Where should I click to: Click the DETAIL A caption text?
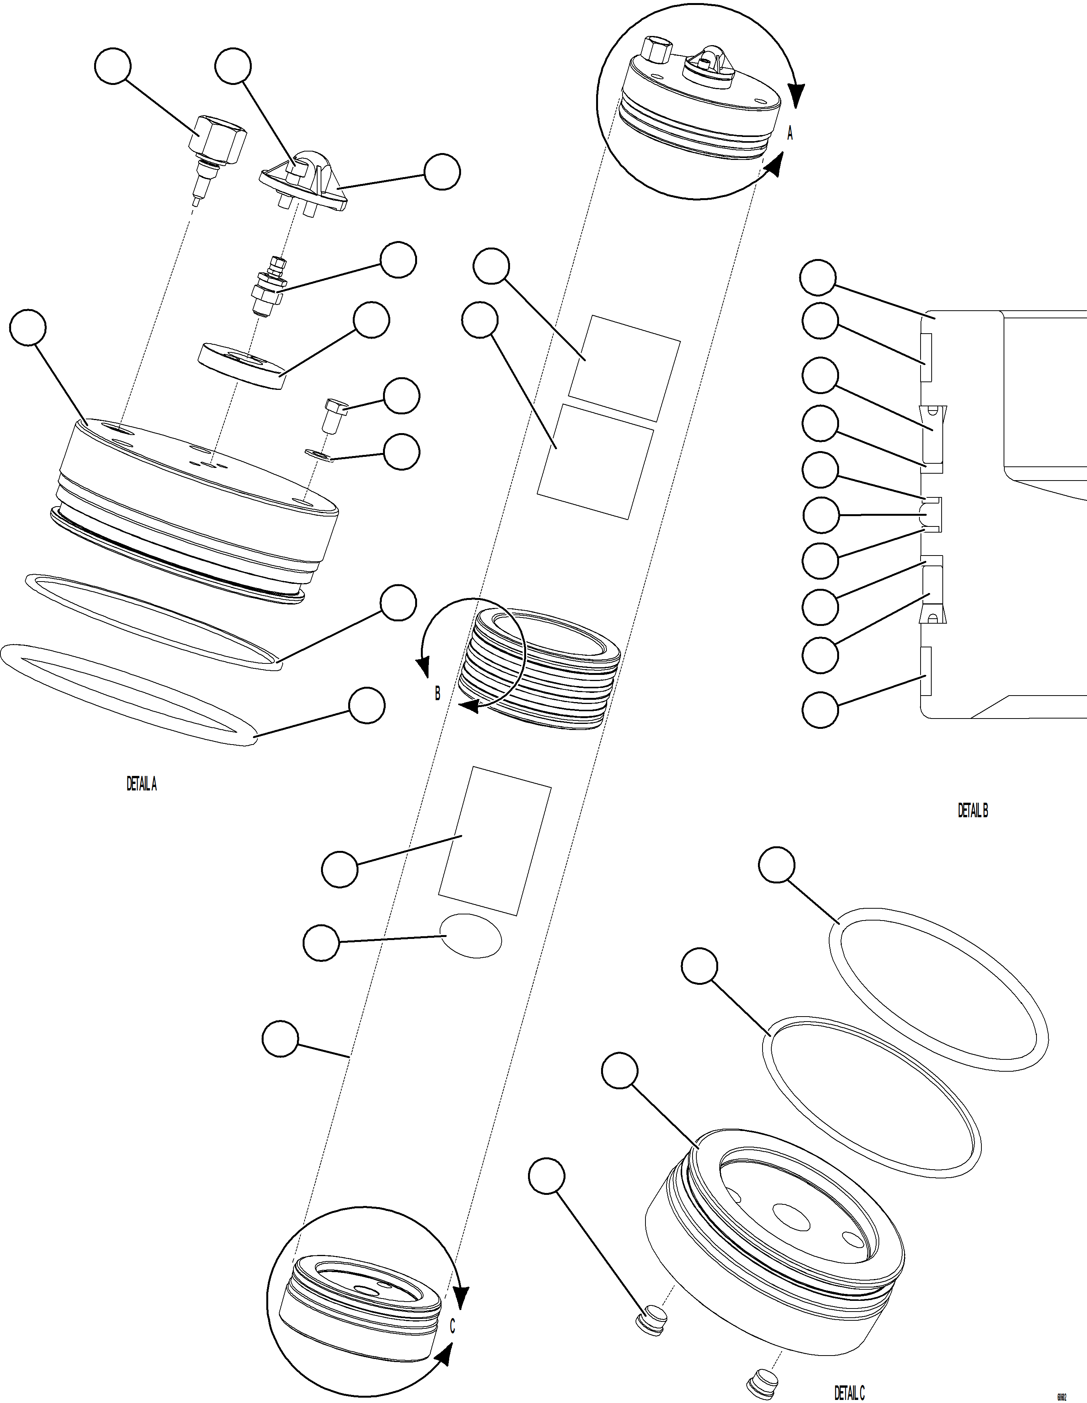141,784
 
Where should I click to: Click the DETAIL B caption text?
973,811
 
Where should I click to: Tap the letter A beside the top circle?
790,134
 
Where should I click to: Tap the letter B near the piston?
437,694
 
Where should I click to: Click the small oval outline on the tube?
470,936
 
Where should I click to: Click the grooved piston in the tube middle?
539,668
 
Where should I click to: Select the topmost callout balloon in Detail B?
818,278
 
